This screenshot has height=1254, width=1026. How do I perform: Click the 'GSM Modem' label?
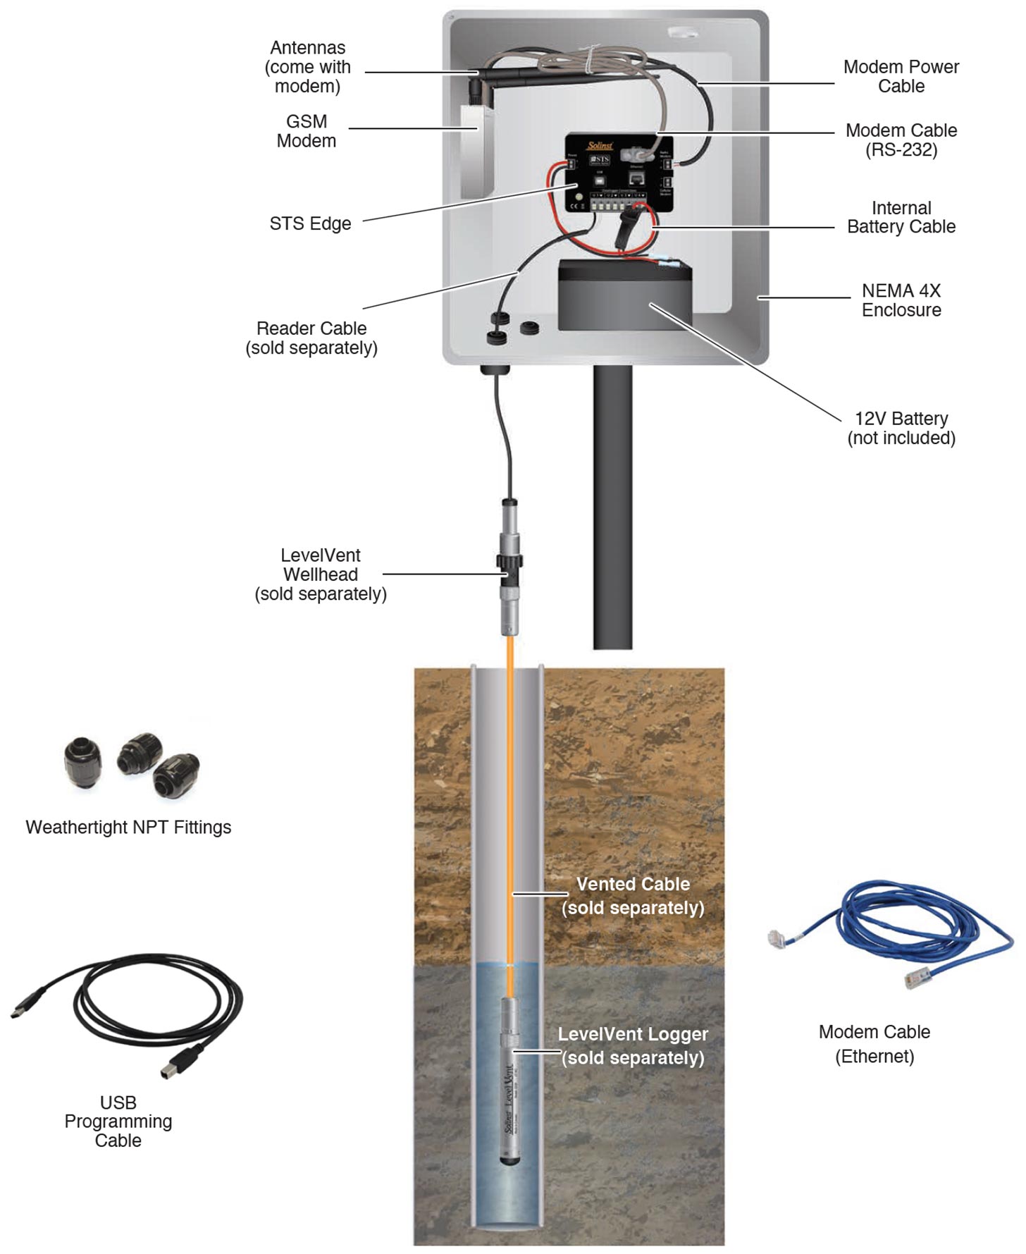point(307,131)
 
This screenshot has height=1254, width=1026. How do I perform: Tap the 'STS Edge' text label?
point(310,223)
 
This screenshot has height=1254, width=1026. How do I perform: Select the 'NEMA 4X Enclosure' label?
point(901,300)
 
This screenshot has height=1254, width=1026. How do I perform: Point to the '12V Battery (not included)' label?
point(901,428)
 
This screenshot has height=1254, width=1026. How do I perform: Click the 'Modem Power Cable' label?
point(901,76)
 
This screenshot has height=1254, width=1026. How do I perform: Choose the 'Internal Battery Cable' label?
point(901,217)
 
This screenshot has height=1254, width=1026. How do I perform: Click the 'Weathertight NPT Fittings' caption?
point(128,827)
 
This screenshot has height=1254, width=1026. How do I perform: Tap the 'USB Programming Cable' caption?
point(118,1121)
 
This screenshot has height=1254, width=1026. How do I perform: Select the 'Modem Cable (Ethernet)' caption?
point(874,1044)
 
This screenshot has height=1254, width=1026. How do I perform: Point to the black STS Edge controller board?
point(619,173)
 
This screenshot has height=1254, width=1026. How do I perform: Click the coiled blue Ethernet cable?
point(909,930)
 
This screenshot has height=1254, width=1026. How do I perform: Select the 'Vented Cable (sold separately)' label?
point(633,896)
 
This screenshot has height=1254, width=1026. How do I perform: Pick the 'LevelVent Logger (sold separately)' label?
point(633,1046)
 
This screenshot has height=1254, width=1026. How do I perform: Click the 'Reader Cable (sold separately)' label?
point(311,338)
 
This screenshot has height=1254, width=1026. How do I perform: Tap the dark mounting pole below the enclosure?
point(612,508)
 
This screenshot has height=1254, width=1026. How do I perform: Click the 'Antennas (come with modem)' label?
point(308,67)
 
